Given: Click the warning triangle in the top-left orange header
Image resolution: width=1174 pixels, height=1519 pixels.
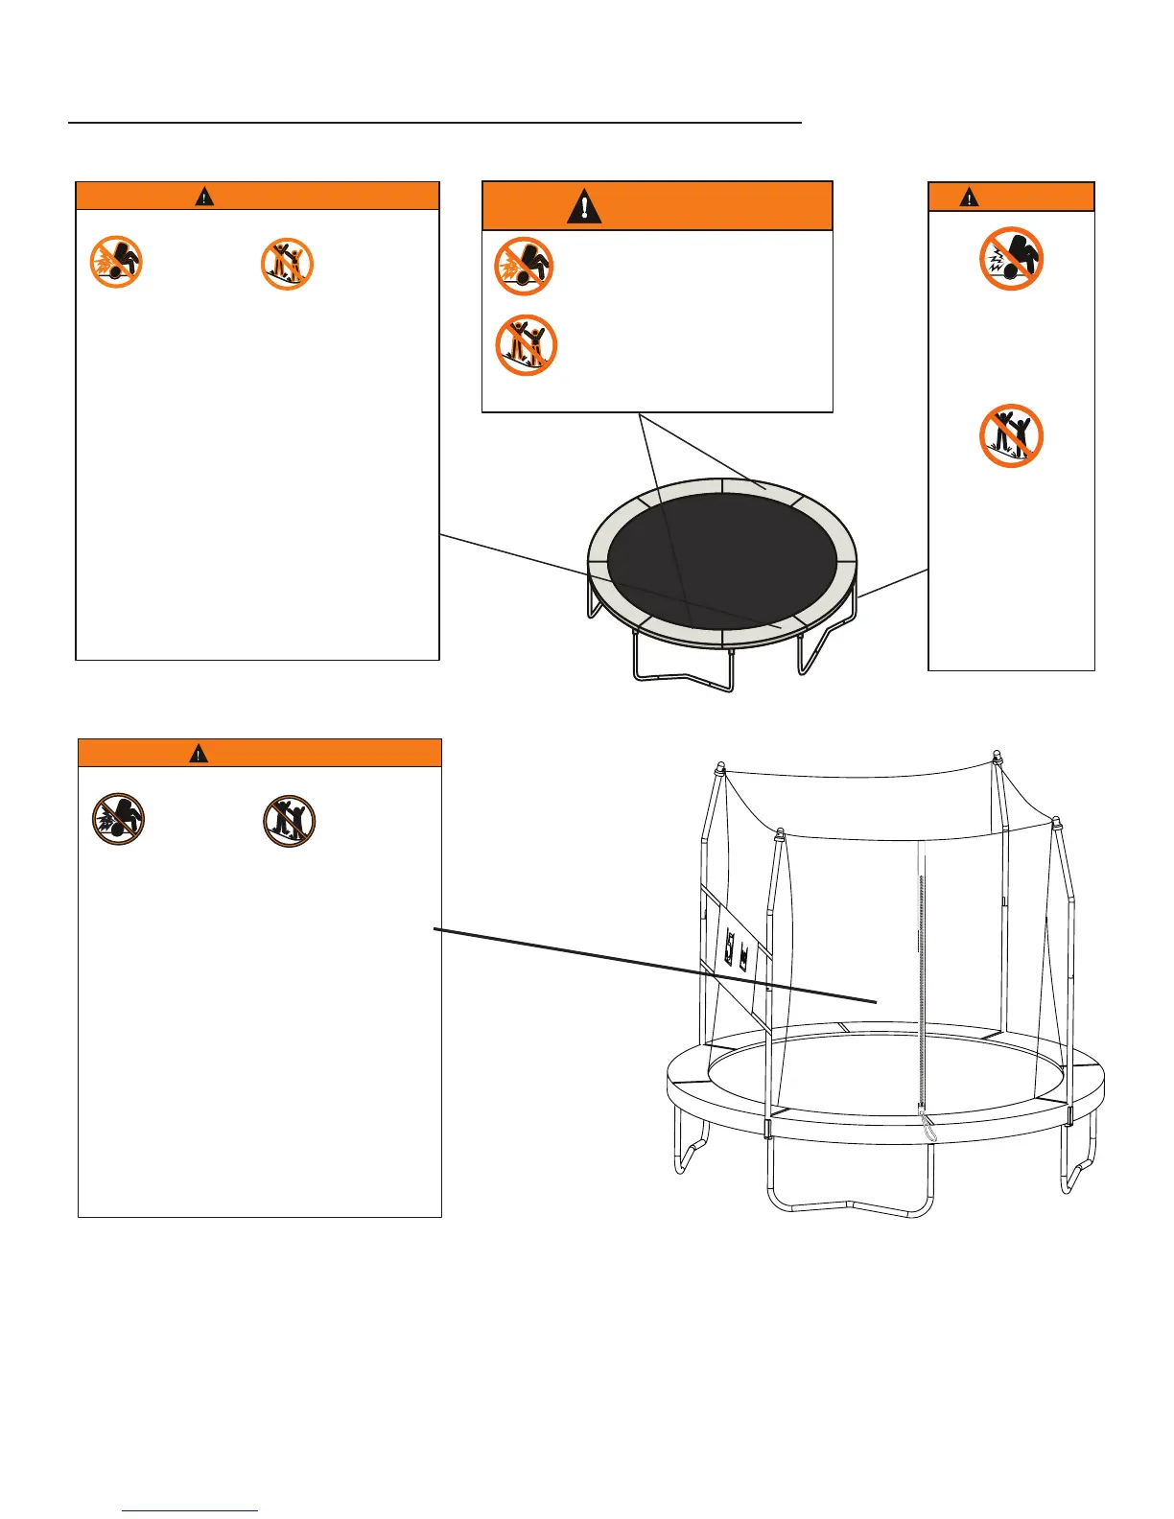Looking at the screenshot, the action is point(204,197).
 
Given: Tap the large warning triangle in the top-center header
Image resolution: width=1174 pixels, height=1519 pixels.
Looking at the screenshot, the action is point(584,206).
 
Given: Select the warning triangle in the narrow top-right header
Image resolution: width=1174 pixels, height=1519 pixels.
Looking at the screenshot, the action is point(971,198).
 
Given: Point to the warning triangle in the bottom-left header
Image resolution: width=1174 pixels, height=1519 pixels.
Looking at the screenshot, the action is point(198,754).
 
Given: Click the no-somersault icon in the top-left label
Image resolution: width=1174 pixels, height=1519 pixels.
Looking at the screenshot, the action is point(116,263).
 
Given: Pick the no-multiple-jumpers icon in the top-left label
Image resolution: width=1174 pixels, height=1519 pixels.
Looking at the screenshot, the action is point(288,264).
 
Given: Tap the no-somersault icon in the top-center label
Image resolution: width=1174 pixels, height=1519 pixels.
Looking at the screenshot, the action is point(523,266).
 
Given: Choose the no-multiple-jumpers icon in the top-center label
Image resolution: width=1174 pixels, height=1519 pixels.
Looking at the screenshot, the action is point(526,345).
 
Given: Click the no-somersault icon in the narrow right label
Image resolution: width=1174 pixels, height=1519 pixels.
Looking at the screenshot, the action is point(1011,259).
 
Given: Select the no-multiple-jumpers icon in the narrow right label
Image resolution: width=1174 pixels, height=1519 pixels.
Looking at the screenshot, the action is point(1011,436).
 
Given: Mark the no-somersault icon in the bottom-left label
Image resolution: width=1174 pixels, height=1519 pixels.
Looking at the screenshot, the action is point(118,820).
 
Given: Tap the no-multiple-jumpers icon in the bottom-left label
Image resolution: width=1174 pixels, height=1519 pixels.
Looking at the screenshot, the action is point(290,822).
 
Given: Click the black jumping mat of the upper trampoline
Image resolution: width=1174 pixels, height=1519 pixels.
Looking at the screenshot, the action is point(722,556).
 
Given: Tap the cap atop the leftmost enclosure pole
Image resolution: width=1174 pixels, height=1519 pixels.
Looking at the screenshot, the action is point(719,769).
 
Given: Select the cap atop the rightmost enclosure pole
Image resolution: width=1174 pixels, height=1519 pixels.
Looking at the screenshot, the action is point(1056,823).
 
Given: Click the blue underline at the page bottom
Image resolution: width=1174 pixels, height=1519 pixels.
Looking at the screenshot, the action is point(191,1511).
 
